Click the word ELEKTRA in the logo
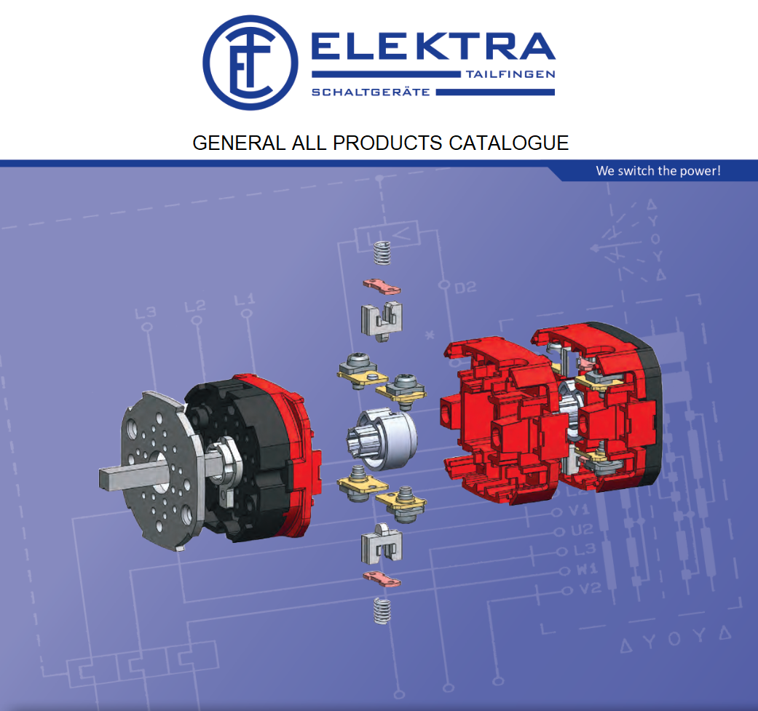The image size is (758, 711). coord(433,48)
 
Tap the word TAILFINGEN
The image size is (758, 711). coord(510,74)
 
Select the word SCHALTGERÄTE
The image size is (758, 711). coord(371,92)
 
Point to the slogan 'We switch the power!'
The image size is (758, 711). coord(658,171)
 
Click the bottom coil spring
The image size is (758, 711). coord(381,610)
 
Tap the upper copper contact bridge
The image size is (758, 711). coord(382,286)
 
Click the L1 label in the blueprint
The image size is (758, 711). coord(245,299)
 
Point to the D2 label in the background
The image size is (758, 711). coord(465,287)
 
